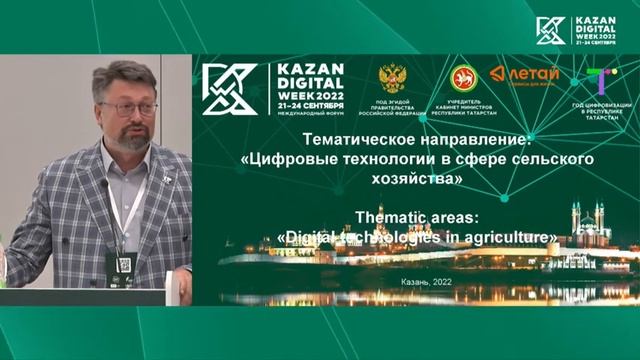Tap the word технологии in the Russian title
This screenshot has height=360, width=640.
[x=390, y=160]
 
